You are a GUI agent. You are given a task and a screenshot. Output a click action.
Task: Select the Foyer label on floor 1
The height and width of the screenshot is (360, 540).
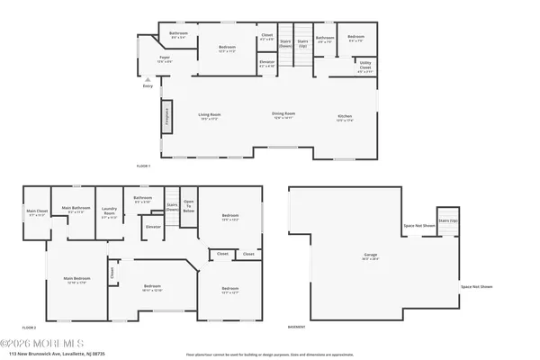[165, 59]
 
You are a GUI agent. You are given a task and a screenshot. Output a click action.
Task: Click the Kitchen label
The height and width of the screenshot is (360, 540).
[345, 117]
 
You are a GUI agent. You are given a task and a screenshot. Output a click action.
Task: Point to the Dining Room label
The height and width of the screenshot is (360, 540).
[284, 114]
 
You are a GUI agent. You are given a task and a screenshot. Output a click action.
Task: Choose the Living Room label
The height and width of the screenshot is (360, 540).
[210, 115]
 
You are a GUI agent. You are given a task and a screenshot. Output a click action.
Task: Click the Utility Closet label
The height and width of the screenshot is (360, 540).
[364, 68]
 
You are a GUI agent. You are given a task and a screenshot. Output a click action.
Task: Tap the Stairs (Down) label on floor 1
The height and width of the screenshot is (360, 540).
[285, 41]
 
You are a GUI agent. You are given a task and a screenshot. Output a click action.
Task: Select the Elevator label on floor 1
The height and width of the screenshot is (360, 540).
[267, 64]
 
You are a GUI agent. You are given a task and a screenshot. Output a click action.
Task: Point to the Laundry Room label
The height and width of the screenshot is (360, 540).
[109, 214]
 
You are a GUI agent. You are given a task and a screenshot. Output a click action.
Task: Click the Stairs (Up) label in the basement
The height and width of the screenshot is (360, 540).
[443, 220]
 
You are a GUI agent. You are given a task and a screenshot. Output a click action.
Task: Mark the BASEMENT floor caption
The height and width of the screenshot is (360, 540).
[296, 327]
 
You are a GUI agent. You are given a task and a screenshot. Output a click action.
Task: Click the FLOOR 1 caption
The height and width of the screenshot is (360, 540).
[143, 166]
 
